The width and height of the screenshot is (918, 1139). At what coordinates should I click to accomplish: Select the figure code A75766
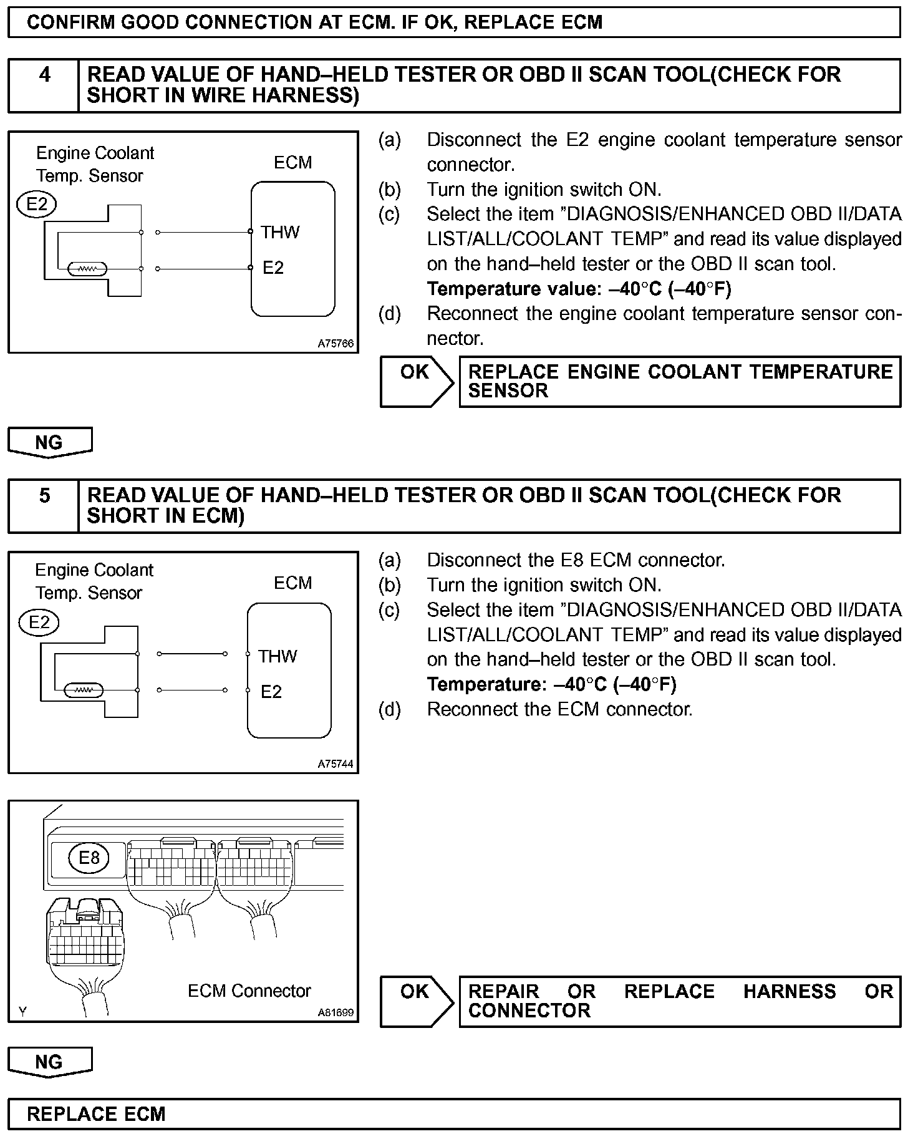pyautogui.click(x=336, y=343)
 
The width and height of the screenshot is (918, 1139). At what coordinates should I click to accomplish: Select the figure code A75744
pyautogui.click(x=336, y=763)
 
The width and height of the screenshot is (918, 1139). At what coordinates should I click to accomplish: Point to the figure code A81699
pyautogui.click(x=336, y=1012)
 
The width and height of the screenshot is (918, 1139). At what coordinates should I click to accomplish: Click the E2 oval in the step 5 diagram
pyautogui.click(x=39, y=622)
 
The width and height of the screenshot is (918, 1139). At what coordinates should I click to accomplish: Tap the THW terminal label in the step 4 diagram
pyautogui.click(x=280, y=233)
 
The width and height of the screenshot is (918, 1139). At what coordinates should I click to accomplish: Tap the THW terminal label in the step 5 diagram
pyautogui.click(x=278, y=656)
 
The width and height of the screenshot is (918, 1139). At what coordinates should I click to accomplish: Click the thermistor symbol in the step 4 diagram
pyautogui.click(x=88, y=269)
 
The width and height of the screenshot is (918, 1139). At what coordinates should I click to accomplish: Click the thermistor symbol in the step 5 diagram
pyautogui.click(x=84, y=691)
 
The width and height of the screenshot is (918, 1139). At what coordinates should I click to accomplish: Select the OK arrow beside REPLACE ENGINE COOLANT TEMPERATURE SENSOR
pyautogui.click(x=417, y=381)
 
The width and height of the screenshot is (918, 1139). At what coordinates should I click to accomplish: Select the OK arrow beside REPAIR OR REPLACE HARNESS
pyautogui.click(x=417, y=1001)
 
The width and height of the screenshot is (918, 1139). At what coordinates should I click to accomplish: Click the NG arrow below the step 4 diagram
pyautogui.click(x=50, y=442)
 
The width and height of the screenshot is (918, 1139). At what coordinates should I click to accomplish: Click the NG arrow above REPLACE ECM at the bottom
pyautogui.click(x=50, y=1062)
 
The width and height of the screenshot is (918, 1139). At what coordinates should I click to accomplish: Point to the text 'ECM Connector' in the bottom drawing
pyautogui.click(x=249, y=991)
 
